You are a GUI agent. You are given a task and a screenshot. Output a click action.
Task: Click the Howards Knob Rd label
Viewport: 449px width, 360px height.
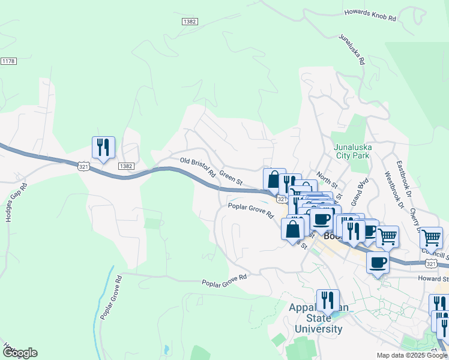click(370, 15)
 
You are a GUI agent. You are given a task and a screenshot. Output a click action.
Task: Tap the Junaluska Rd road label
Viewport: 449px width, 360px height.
click(352, 49)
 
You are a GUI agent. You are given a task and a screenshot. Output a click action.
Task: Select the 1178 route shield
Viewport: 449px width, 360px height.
click(8, 61)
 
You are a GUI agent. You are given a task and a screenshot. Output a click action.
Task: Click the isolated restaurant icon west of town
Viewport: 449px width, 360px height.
click(103, 147)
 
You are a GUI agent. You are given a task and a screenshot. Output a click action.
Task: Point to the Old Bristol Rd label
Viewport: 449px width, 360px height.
click(197, 166)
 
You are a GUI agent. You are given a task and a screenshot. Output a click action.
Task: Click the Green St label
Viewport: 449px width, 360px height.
click(231, 178)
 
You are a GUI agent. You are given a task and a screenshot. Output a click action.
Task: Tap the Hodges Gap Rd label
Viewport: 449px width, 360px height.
click(17, 203)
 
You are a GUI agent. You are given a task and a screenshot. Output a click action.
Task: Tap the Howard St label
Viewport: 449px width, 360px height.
click(436, 278)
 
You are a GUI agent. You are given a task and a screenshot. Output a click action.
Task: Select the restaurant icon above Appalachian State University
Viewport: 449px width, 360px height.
click(328, 299)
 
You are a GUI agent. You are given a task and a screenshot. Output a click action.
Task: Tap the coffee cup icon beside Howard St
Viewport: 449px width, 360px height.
click(378, 262)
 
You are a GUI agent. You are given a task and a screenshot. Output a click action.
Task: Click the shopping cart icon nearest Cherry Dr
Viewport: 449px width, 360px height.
click(431, 237)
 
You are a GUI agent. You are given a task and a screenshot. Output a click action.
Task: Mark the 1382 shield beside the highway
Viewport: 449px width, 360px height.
click(125, 166)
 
